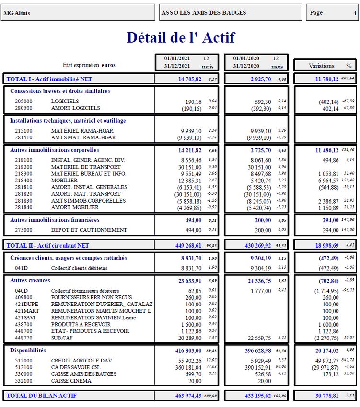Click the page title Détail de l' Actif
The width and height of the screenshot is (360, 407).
(181, 37)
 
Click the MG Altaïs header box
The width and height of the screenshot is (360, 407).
(78, 13)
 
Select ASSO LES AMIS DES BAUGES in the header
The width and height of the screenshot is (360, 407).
(204, 13)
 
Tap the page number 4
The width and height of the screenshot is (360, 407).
(355, 13)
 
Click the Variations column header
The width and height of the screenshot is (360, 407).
(322, 66)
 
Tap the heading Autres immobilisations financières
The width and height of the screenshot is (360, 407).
(55, 220)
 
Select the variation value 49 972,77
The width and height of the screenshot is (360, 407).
(326, 360)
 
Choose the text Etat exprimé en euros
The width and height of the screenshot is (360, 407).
(89, 65)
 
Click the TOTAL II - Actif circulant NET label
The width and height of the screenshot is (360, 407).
(48, 245)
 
